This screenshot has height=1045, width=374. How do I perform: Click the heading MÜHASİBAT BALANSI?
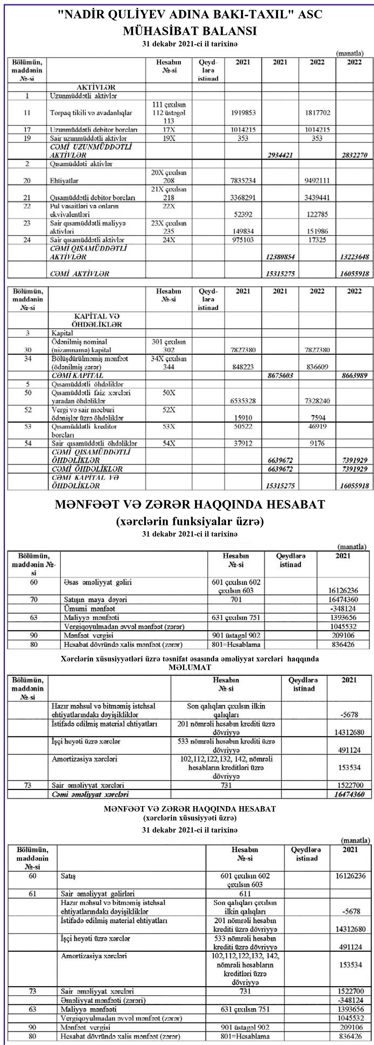[190, 31]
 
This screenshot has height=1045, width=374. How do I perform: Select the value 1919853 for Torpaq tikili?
[243, 113]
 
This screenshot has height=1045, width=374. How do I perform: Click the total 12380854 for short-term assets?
[280, 257]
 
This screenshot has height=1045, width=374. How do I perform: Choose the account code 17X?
[169, 130]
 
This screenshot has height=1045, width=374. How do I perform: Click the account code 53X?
[169, 427]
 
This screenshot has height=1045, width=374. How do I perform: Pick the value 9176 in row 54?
[317, 444]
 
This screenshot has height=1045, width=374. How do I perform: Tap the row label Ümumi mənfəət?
[89, 609]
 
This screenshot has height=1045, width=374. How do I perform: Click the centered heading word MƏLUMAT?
[190, 667]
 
